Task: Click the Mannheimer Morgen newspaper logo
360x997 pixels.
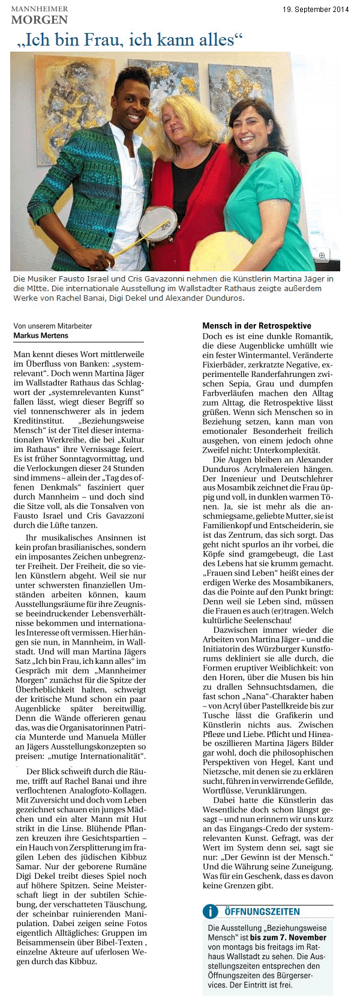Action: click(39, 16)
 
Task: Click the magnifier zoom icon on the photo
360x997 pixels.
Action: click(322, 256)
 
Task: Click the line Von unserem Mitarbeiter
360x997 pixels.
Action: click(53, 326)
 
